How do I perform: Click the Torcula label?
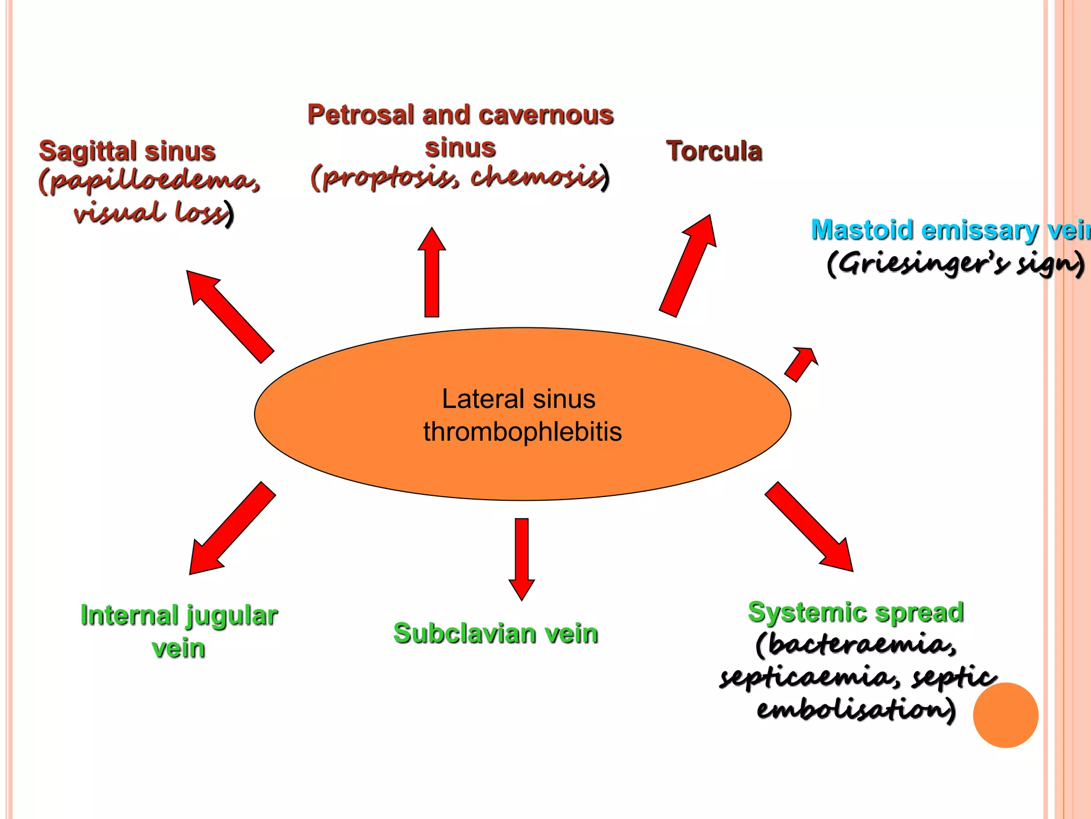tap(714, 151)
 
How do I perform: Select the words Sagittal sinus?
tap(127, 151)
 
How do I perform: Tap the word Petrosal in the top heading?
tap(361, 115)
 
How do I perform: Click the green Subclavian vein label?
tap(495, 633)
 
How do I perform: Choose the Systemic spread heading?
tap(856, 612)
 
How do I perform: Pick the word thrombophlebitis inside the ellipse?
tap(522, 432)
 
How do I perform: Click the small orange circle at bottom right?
tap(1005, 715)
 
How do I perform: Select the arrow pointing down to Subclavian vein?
tap(522, 558)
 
